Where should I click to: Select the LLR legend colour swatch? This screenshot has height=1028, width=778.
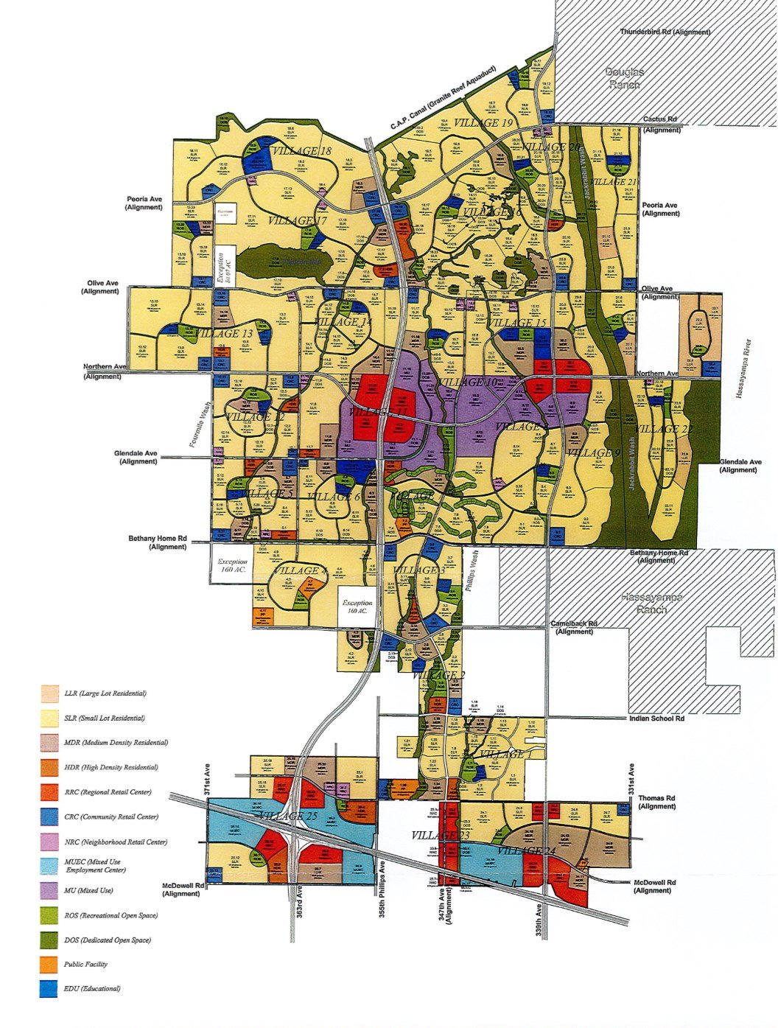pos(49,693)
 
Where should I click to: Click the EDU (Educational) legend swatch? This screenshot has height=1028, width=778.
pos(49,989)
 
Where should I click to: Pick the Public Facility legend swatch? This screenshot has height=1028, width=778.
pos(49,964)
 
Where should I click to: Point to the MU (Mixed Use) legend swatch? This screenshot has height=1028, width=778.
pos(49,890)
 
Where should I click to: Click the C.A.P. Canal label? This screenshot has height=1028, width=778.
pos(443,105)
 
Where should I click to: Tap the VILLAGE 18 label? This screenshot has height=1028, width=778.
pos(301,151)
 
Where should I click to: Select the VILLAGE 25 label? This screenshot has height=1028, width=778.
pos(287,817)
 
